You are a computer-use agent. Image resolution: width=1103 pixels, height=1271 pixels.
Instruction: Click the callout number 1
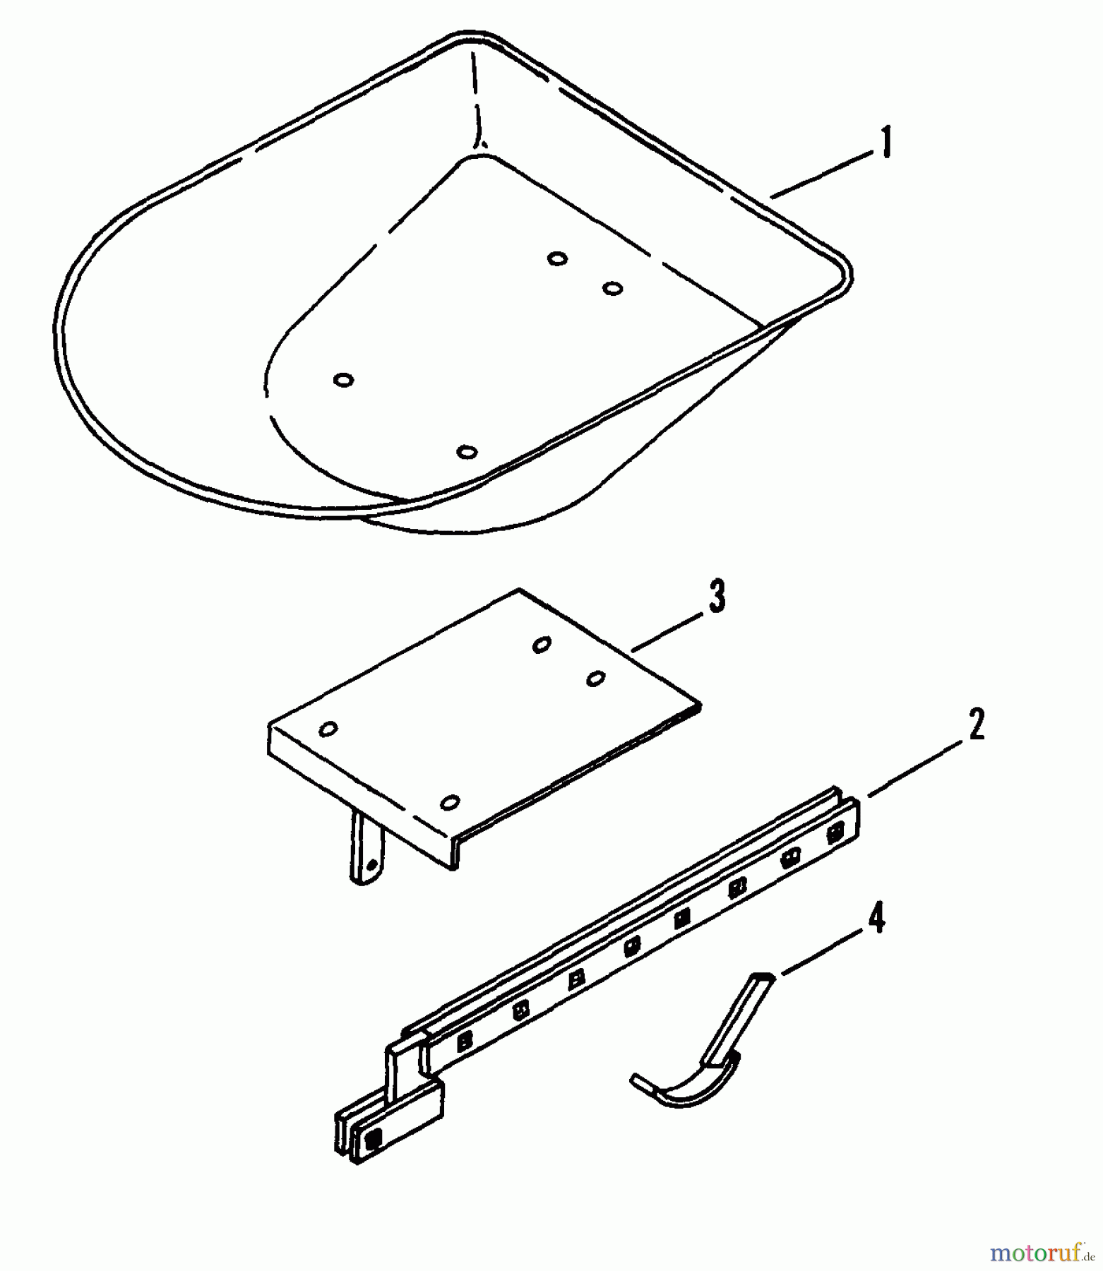(886, 143)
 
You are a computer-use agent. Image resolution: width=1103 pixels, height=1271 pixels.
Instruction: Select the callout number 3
(716, 597)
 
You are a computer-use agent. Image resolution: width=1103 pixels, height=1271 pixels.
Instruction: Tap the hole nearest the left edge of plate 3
(328, 729)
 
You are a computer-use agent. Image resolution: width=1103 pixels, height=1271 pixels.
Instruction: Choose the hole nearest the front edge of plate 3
(450, 802)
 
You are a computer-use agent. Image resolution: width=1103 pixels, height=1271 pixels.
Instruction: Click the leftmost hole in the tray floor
(343, 380)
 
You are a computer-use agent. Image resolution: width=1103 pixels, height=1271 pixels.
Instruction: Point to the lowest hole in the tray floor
(467, 451)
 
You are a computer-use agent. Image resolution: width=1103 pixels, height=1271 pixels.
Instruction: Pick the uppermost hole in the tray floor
(557, 258)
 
